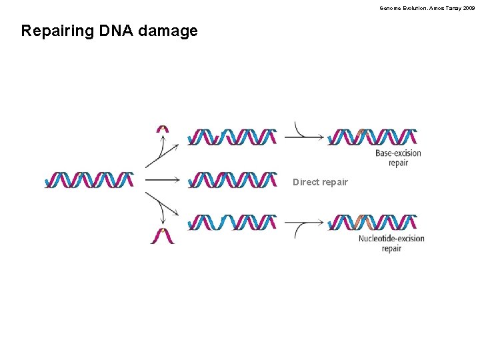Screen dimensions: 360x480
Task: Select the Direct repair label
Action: coord(320,182)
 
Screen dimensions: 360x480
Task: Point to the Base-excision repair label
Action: coord(398,158)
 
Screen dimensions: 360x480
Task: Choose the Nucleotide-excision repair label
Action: coord(391,243)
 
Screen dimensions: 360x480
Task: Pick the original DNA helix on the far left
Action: coord(89,180)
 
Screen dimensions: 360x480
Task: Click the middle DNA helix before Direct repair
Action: coord(232,180)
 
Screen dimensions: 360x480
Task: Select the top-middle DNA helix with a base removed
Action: coord(232,137)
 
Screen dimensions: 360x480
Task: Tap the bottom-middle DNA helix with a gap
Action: coord(232,223)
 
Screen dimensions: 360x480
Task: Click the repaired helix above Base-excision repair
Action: coord(373,137)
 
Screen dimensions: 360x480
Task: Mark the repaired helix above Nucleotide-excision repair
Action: coord(373,223)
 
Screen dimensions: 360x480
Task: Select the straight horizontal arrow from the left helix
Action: coord(162,180)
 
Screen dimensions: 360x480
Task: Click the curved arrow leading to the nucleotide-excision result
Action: coord(305,225)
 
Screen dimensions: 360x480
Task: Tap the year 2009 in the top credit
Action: coord(469,8)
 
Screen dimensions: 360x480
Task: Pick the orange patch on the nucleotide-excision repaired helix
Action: coord(364,223)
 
